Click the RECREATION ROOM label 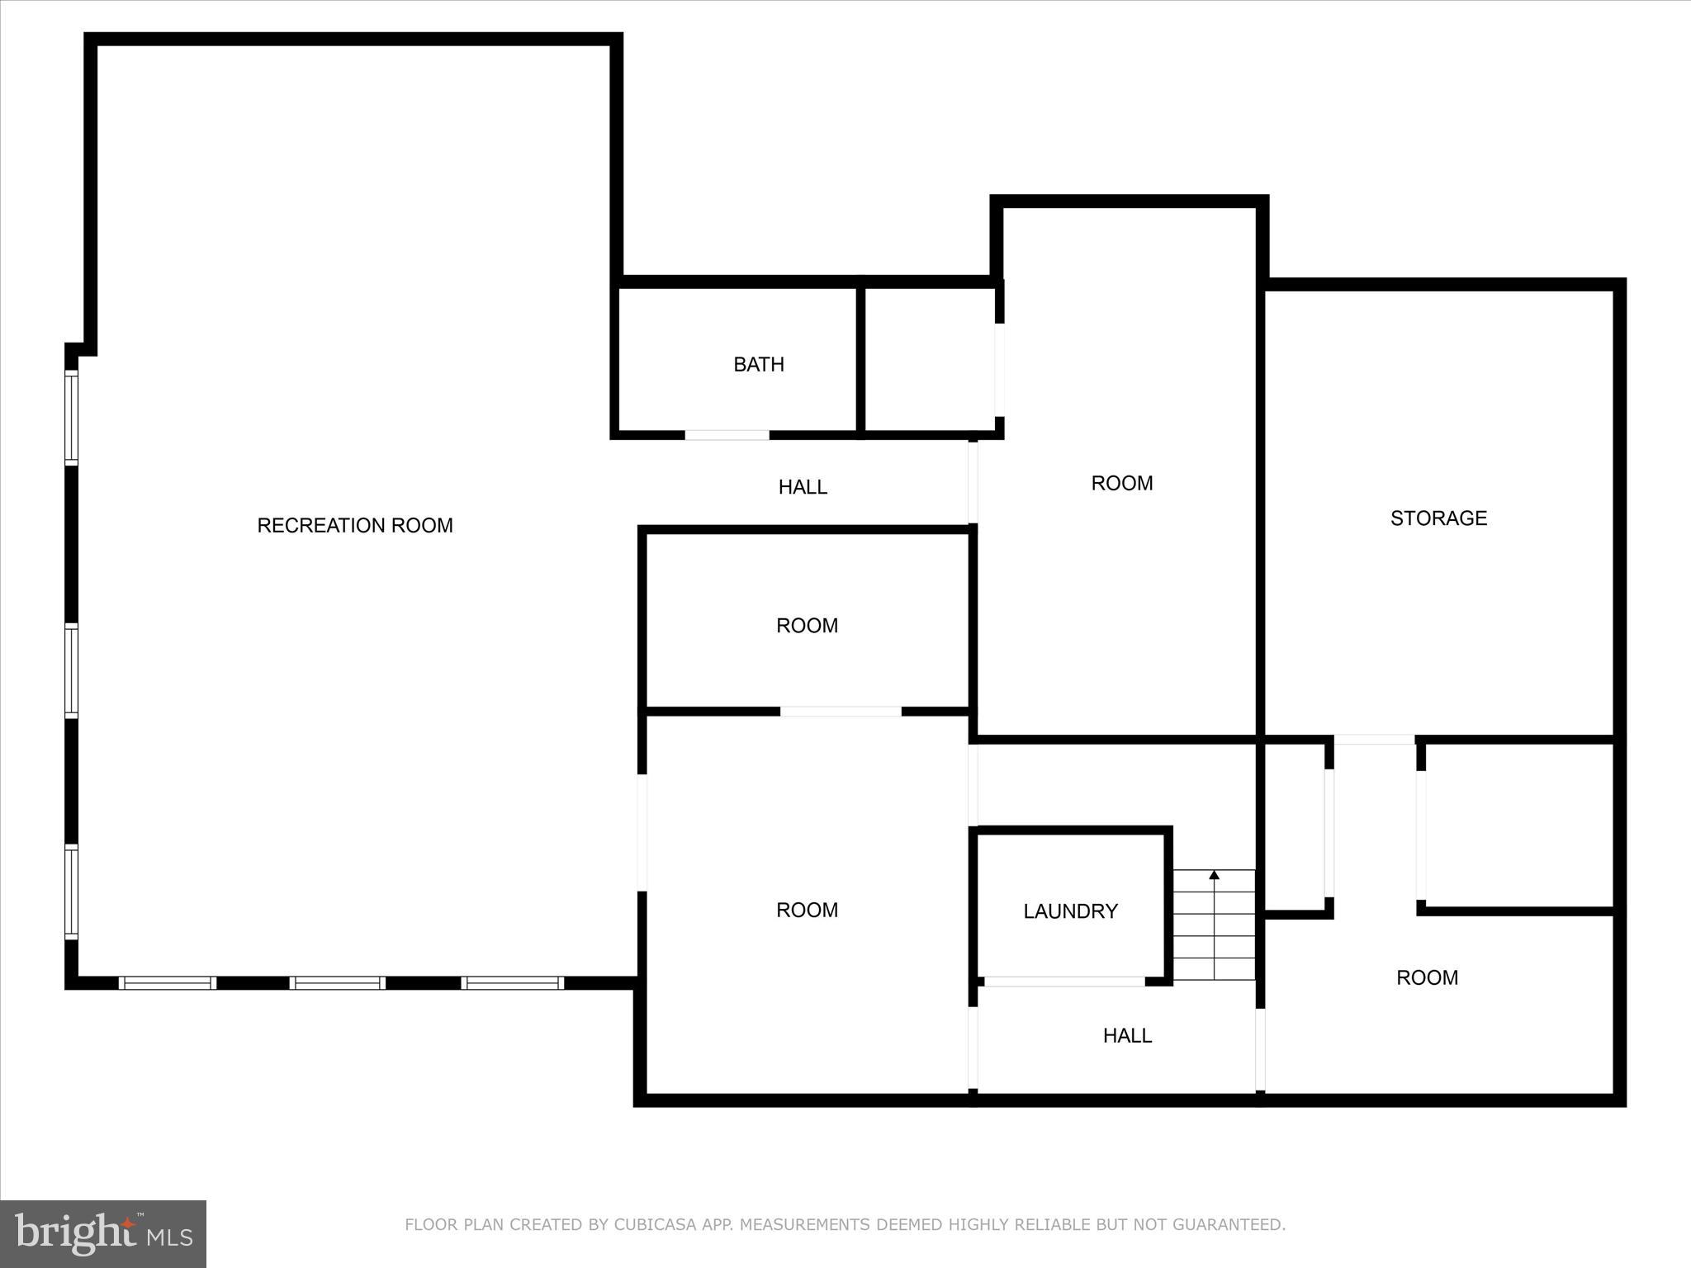(x=355, y=526)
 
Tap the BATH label (x=759, y=365)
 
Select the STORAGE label (x=1438, y=518)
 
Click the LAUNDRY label (x=1070, y=911)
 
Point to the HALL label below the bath (x=803, y=488)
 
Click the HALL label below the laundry (x=1127, y=1036)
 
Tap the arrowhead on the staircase (x=1214, y=875)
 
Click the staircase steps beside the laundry (x=1214, y=933)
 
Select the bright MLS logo (x=103, y=1233)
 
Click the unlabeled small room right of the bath (x=929, y=360)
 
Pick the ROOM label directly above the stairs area (x=1121, y=484)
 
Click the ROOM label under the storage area (x=1427, y=978)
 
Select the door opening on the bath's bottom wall (x=727, y=435)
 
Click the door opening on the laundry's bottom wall (x=1064, y=982)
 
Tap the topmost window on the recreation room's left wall (x=72, y=418)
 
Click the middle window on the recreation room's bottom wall (x=337, y=983)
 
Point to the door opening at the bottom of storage (x=1375, y=740)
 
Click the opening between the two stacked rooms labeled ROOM (x=841, y=711)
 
